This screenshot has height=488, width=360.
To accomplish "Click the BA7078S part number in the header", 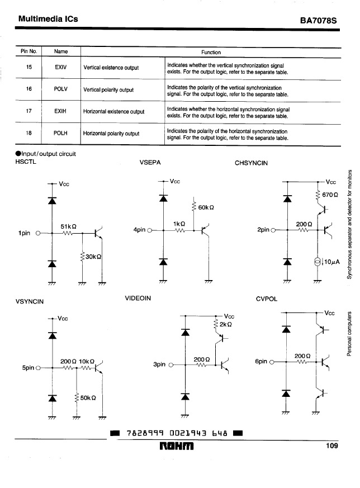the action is [318, 21].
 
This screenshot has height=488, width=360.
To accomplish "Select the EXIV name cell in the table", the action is [60, 67].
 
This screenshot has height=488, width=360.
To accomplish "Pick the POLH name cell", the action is [60, 133].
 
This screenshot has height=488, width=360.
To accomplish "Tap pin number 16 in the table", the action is [29, 89].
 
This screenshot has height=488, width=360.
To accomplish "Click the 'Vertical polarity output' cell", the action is [108, 90].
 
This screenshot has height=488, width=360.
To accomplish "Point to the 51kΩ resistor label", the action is [68, 226].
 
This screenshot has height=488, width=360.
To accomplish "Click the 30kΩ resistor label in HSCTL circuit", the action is [93, 257].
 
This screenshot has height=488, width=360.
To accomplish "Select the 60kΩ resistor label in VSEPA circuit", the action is [206, 207].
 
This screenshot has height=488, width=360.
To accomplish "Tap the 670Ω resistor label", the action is [330, 195].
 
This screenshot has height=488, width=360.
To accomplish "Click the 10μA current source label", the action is [331, 262].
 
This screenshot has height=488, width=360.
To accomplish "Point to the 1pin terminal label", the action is [24, 233].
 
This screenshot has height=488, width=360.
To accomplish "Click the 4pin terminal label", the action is [139, 230].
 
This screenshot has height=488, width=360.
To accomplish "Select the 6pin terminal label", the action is [261, 361].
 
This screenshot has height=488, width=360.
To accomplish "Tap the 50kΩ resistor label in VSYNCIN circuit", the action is [88, 398].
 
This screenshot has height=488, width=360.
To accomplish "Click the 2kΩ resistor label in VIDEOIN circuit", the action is [226, 324].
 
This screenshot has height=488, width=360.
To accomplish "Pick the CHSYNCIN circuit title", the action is [251, 163].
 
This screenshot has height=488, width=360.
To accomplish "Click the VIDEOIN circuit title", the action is [138, 298].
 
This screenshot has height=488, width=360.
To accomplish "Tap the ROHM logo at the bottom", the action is [177, 446].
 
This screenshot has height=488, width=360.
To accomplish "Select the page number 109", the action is [331, 446].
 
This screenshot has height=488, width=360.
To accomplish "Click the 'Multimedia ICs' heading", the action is [48, 18].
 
